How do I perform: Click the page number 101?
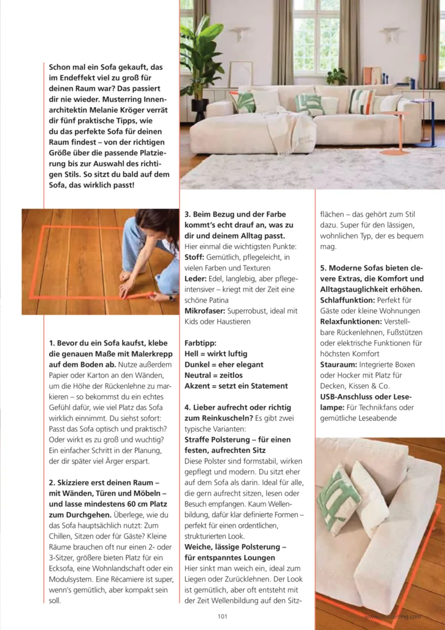[222, 616]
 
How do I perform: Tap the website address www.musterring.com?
[393, 616]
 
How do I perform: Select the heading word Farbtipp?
[200, 343]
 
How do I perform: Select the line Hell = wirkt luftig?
[216, 353]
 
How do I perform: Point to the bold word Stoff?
[195, 257]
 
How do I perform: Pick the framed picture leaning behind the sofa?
[240, 75]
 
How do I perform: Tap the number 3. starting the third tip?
[188, 214]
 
